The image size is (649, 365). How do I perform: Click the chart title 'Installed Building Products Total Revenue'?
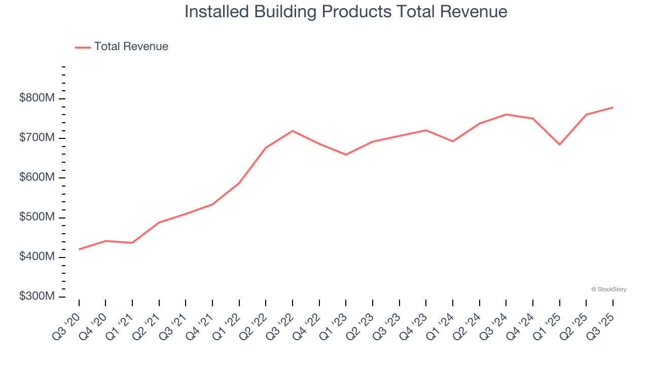coord(346,12)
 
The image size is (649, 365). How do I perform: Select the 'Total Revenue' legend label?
coord(131,47)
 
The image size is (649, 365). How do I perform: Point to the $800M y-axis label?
coord(37,98)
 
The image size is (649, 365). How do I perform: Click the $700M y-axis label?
coord(37,138)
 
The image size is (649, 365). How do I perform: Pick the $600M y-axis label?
coord(37,177)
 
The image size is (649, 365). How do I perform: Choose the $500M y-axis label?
coord(37,217)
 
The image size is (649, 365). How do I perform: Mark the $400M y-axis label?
coord(37,257)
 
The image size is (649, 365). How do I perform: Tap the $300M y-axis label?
coord(37,297)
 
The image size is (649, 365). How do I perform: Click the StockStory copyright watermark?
coord(608,289)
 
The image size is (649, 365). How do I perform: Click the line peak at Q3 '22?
coord(293,131)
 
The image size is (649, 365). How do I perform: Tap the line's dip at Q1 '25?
coord(560,144)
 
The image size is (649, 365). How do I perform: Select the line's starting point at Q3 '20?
coord(79,249)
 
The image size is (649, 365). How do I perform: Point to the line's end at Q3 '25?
coord(613,107)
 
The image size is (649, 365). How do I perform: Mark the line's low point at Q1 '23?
coord(346,155)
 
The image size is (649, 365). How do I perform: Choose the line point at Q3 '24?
coord(506,115)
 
